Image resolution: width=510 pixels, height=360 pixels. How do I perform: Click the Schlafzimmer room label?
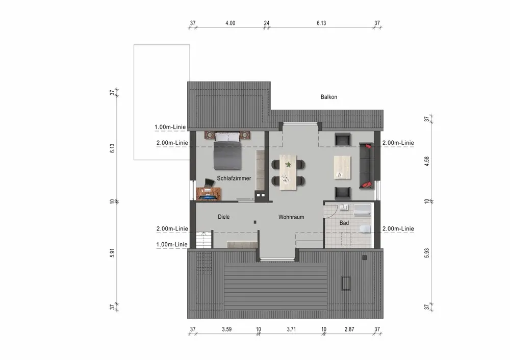point(234,178)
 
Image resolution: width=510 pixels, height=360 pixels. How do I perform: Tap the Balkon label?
point(329,97)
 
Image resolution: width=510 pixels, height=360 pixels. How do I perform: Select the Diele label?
point(224,217)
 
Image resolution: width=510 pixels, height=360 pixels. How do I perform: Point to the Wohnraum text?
point(291,217)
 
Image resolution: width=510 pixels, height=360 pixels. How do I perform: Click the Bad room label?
point(344,223)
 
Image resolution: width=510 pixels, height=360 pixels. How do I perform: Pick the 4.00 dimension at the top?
point(231,23)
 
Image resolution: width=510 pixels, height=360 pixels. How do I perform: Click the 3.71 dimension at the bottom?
point(291,329)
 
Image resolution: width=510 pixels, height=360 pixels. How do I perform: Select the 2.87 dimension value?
point(349,329)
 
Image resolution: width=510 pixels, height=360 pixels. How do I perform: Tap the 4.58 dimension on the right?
point(427,161)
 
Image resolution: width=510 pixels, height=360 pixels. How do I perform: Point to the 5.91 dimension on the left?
point(112,253)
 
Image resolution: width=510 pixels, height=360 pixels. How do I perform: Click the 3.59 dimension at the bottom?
point(227,329)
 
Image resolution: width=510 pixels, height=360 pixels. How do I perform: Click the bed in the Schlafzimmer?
point(227,150)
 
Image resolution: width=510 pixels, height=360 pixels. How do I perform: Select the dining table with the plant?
point(288,172)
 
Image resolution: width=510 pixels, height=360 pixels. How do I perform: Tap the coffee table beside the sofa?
point(343,167)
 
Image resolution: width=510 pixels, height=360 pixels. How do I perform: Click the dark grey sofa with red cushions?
point(367,166)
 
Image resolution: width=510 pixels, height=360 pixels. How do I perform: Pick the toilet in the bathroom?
point(366,228)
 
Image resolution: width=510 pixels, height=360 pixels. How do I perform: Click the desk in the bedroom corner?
point(209,194)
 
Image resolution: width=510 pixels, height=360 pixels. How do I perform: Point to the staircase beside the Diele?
point(204,240)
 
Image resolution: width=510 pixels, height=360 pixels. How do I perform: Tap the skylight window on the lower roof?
point(346,283)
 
